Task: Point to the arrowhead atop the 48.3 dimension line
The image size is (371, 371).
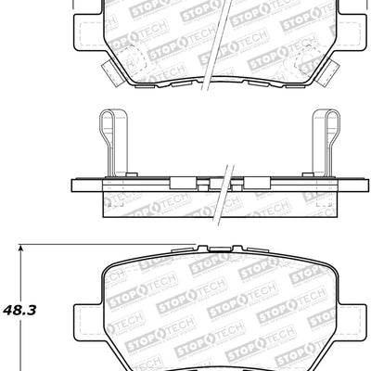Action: point(19,249)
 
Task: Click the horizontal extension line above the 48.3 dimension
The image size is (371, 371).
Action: point(102,245)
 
